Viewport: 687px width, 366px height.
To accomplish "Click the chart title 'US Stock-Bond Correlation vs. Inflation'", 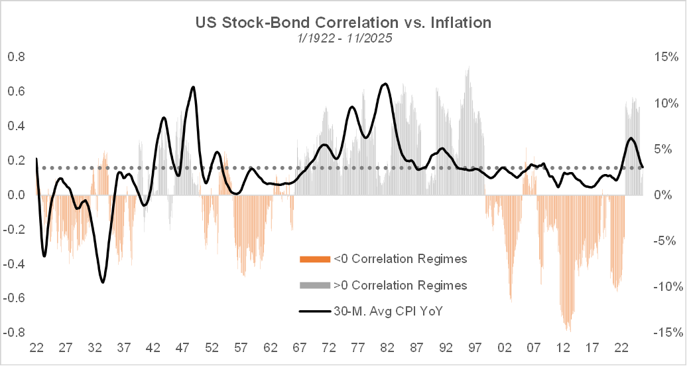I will pos(343,23).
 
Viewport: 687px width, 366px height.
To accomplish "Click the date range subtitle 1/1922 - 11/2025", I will pos(343,39).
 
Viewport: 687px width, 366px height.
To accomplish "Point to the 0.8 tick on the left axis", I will pos(16,57).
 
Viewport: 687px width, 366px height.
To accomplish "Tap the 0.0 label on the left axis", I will pos(16,195).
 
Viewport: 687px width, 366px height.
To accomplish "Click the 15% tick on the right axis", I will pos(664,57).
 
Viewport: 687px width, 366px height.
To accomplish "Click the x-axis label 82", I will pos(388,347).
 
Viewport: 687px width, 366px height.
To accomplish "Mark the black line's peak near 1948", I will pos(193,87).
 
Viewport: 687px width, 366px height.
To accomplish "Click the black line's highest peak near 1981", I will pos(385,84).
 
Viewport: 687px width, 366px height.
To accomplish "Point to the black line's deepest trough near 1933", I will pos(103,282).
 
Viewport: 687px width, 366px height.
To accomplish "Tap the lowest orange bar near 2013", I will pos(568,330).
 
